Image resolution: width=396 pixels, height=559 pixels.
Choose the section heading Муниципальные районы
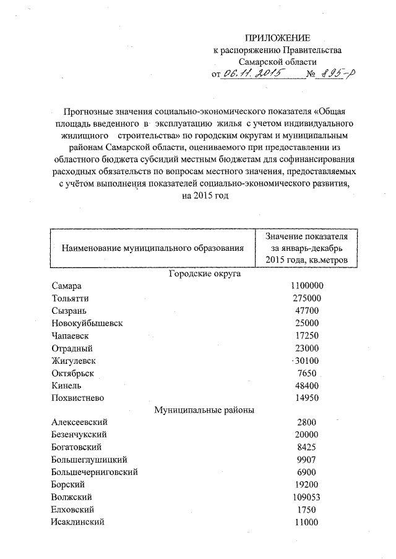click(204, 409)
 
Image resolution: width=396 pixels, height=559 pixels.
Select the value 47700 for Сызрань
click(307, 311)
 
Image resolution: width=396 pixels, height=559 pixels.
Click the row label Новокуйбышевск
click(87, 323)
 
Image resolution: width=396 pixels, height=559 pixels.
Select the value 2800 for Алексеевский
click(307, 422)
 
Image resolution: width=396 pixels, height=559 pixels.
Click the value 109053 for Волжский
click(307, 497)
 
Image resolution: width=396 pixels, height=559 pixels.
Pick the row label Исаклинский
click(78, 522)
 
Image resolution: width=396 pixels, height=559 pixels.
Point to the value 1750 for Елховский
click(307, 510)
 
